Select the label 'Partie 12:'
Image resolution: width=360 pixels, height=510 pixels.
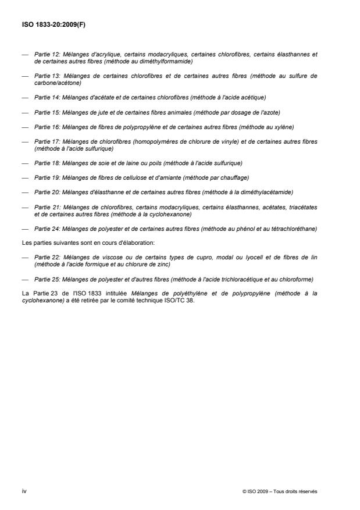45,54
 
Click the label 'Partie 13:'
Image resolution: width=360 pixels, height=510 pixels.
45,76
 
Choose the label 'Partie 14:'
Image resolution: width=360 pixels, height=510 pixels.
45,97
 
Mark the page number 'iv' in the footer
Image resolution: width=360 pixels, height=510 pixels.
24,491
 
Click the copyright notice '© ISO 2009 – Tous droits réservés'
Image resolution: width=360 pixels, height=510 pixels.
280,491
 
